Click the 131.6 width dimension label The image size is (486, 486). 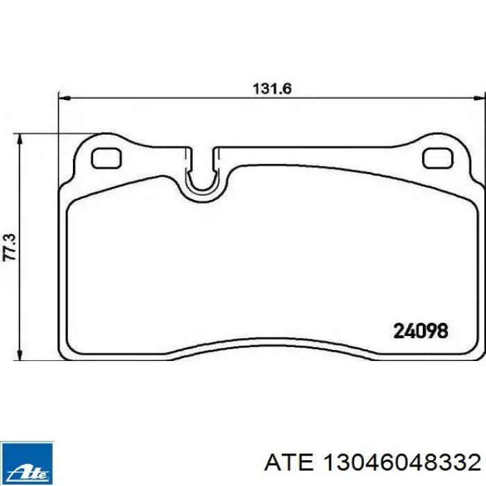point(272,89)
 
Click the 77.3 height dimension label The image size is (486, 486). point(9,247)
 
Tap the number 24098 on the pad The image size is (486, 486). point(421,330)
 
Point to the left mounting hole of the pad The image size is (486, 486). point(106,158)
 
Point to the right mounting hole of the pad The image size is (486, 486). point(438,158)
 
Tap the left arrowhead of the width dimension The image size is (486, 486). point(65,99)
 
